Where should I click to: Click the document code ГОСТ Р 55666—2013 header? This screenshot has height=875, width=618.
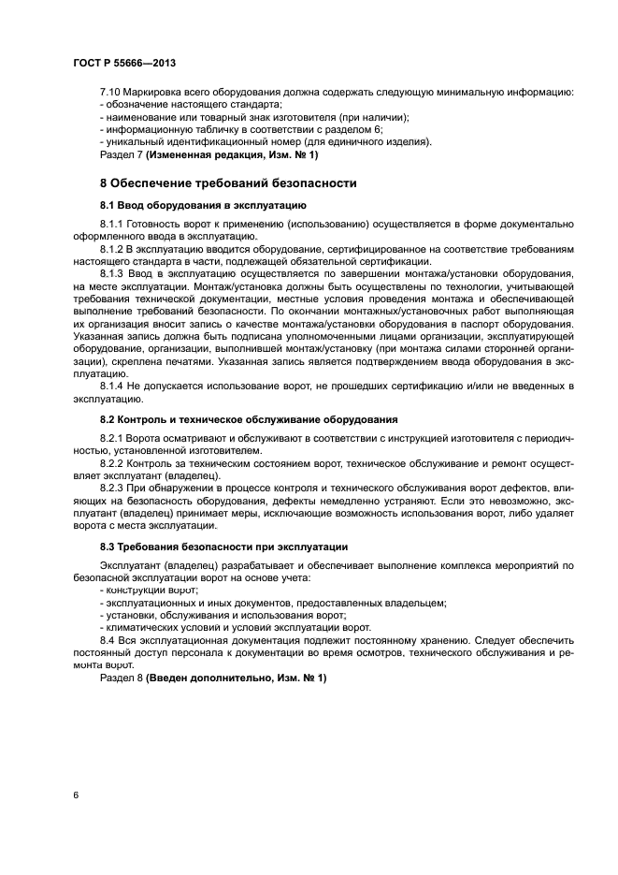tap(124, 62)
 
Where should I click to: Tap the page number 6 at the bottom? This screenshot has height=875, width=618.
tap(75, 795)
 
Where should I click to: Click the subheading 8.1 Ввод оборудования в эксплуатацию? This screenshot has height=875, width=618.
tap(203, 204)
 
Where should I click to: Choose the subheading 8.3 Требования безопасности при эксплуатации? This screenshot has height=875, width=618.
tap(224, 547)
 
